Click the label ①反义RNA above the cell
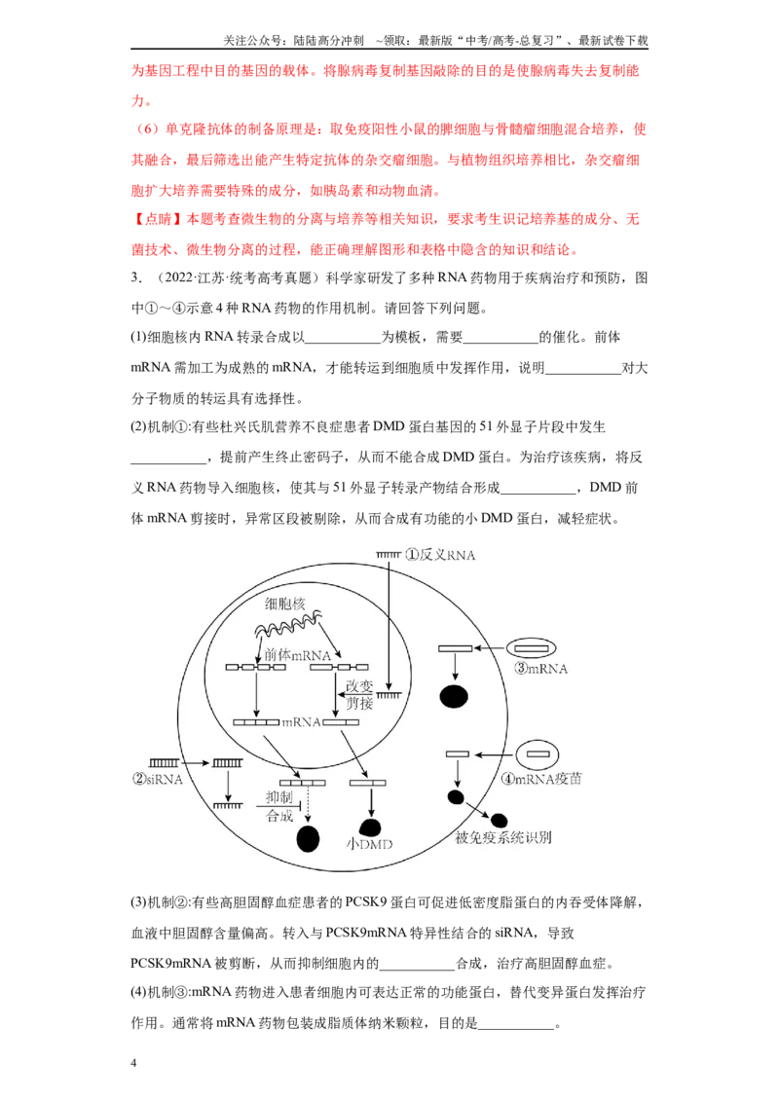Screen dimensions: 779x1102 click(440, 555)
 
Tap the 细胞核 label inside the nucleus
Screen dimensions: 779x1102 click(284, 603)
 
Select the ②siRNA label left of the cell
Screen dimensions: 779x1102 click(158, 779)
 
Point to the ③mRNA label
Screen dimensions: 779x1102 click(540, 669)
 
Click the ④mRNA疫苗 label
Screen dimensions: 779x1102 click(541, 779)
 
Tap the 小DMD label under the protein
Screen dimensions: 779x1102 click(369, 844)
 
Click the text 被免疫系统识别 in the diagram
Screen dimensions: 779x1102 click(503, 838)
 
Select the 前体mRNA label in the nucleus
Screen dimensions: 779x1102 click(297, 655)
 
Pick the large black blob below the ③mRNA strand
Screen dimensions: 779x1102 click(454, 696)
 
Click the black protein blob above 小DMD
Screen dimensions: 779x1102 click(370, 827)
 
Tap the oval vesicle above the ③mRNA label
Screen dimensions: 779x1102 click(532, 648)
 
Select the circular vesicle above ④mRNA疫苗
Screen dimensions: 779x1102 click(538, 754)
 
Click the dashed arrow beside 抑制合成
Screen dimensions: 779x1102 click(308, 804)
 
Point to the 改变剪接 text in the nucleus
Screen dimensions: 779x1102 click(359, 694)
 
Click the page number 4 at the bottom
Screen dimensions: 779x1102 click(133, 1063)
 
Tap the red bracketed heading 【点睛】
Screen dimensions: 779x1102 click(158, 219)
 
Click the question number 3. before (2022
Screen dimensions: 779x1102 click(136, 277)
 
